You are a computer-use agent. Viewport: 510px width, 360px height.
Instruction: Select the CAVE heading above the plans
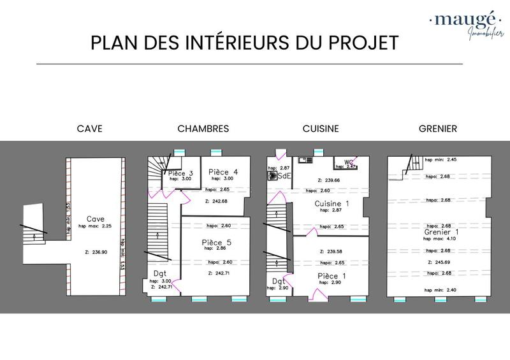[89, 129]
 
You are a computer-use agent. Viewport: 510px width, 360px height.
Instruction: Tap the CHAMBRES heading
[203, 129]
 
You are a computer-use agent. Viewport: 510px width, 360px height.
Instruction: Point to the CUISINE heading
[321, 129]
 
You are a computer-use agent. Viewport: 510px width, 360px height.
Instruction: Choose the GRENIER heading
[437, 129]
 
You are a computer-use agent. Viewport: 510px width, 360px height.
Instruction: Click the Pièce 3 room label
[180, 173]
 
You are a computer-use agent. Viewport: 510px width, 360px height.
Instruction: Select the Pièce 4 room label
[223, 172]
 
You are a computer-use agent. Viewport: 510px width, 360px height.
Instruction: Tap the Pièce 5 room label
[217, 242]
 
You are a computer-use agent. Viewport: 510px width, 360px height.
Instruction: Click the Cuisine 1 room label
[332, 203]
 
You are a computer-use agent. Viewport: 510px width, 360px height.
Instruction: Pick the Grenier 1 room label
[441, 232]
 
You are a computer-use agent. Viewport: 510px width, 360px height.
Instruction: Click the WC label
[349, 162]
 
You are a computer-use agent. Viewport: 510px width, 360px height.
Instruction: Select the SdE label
[284, 176]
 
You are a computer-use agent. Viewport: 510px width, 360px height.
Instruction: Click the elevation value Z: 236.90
[94, 252]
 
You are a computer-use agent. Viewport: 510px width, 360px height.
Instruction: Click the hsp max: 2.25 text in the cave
[95, 226]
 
